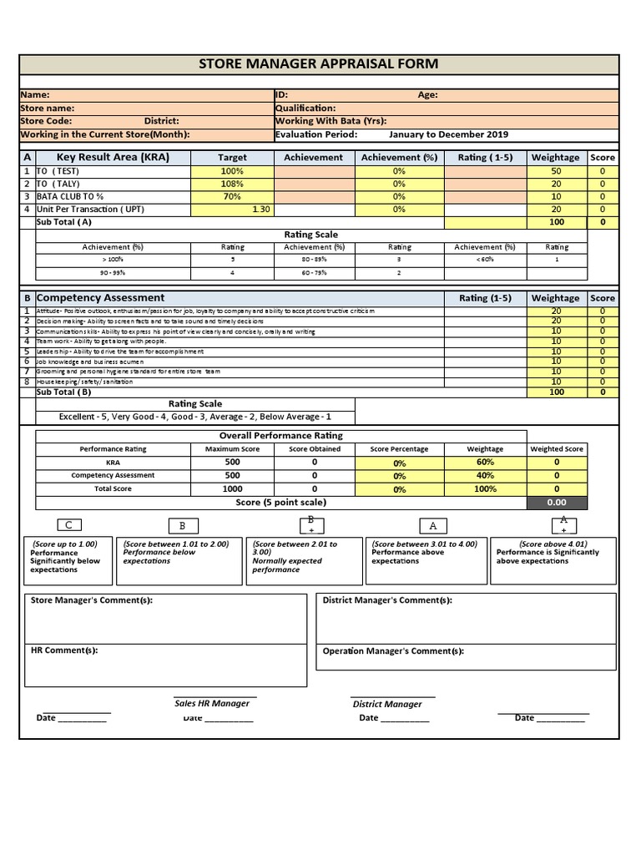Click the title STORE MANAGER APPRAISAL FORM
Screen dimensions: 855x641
coord(318,64)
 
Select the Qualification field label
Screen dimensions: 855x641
coord(305,109)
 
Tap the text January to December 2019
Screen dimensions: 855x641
coord(448,134)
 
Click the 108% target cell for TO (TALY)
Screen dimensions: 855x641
coord(232,184)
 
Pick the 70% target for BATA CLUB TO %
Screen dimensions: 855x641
coord(232,196)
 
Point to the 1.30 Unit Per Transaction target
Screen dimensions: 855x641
coord(260,210)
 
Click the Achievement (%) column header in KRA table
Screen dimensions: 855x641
coord(399,157)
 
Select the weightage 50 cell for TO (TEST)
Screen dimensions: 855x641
coord(556,171)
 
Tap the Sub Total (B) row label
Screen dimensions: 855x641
coord(63,392)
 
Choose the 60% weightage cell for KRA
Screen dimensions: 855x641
coord(485,463)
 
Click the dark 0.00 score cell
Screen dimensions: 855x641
coord(556,503)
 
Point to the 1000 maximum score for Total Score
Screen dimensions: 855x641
coord(232,489)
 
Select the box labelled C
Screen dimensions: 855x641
coord(68,525)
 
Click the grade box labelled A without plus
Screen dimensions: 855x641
coord(432,526)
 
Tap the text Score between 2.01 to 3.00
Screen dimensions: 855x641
coord(295,548)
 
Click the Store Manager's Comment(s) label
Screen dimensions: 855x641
coord(92,600)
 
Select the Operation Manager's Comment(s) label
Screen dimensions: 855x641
coord(393,651)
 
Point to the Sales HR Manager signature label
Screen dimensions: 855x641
coord(212,704)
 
